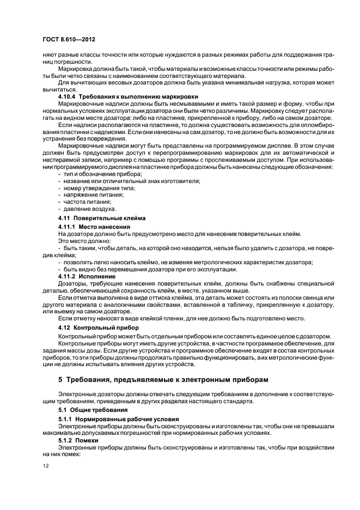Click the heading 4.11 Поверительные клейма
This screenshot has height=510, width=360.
(x=94, y=218)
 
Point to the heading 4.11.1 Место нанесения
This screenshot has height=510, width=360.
(x=94, y=226)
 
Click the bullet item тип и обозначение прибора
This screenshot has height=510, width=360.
(x=95, y=173)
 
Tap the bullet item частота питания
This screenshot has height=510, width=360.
(x=84, y=202)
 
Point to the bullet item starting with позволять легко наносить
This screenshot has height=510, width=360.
(x=185, y=262)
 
